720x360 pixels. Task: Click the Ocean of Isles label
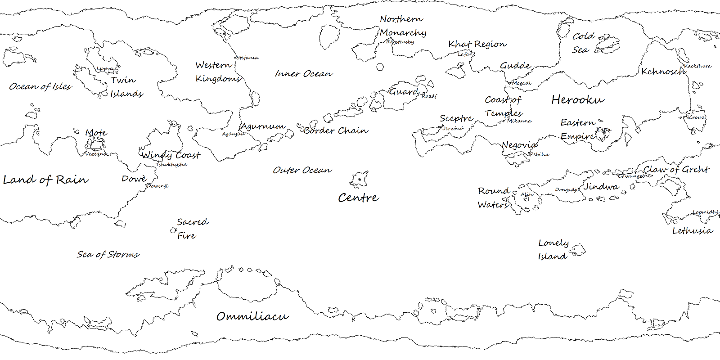[x=40, y=86]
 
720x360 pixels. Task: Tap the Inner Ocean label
[x=304, y=73]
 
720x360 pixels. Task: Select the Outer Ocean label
[x=302, y=170]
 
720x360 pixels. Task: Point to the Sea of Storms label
[x=108, y=254]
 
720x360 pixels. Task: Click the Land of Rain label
[x=45, y=180]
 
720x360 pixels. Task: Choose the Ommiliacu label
[x=252, y=316]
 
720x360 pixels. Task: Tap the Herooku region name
[x=578, y=99]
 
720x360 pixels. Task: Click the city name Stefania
[x=247, y=58]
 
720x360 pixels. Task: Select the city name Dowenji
[x=157, y=186]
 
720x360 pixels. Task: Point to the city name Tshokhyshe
[x=171, y=165]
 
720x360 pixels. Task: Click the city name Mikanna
[x=519, y=121]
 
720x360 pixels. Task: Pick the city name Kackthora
[x=698, y=66]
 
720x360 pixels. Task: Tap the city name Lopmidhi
[x=706, y=212]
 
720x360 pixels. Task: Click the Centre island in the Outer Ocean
[x=359, y=180]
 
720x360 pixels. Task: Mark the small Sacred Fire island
[x=173, y=230]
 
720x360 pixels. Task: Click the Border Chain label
[x=336, y=130]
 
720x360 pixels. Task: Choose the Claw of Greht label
[x=676, y=170]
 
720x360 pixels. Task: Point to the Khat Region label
[x=477, y=44]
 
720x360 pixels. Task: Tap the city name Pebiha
[x=539, y=154]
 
